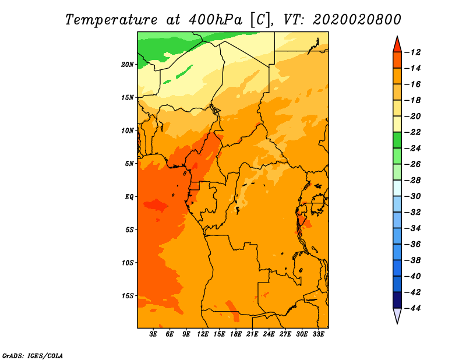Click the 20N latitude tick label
pos(128,64)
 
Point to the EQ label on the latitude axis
pos(129,196)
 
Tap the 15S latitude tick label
pos(128,296)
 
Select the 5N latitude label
pos(129,164)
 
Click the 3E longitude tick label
pos(153,334)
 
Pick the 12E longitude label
pos(203,334)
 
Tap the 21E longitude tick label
pos(252,334)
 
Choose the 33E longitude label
pos(318,334)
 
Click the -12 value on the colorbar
pos(412,52)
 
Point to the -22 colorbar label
pos(412,132)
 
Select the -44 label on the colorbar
pos(412,308)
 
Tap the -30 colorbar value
pos(412,196)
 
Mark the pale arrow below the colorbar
pos(397,315)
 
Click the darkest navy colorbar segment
pos(397,300)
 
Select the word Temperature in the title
pos(111,20)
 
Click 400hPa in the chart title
pos(215,20)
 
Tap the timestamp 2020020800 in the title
pos(356,20)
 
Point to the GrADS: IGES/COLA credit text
pos(33,356)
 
